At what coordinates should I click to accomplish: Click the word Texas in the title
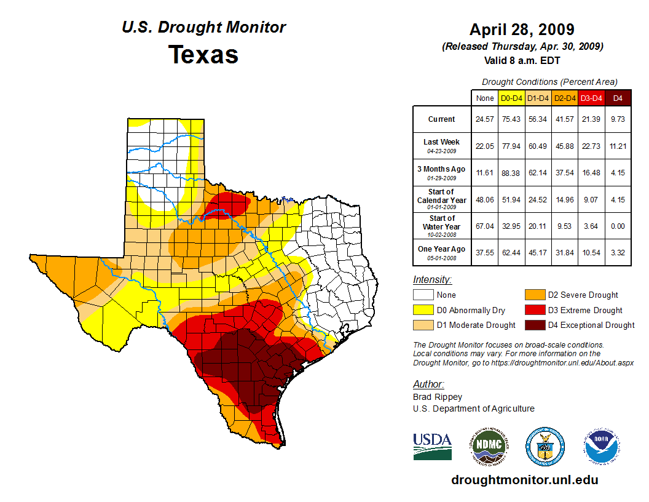coord(203,55)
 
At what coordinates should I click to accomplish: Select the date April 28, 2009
coord(522,30)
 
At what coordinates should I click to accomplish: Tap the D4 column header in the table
coord(618,98)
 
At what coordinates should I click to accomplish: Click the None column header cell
coord(484,98)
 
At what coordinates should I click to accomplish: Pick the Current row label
coord(442,119)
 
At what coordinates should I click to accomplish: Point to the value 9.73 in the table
coord(618,119)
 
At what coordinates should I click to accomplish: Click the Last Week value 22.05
coord(484,146)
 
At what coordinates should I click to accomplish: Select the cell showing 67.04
coord(484,226)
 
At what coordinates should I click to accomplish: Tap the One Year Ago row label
coord(442,249)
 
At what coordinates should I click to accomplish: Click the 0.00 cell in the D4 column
coord(618,226)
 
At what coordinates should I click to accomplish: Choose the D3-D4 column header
coord(591,98)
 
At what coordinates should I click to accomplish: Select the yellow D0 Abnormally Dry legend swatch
coord(422,310)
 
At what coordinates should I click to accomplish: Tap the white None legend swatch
coord(422,295)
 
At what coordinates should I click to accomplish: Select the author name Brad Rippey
coord(437,397)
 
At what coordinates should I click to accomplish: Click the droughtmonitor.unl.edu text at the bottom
coord(524,480)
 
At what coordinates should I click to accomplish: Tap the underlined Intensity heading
coord(432,280)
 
